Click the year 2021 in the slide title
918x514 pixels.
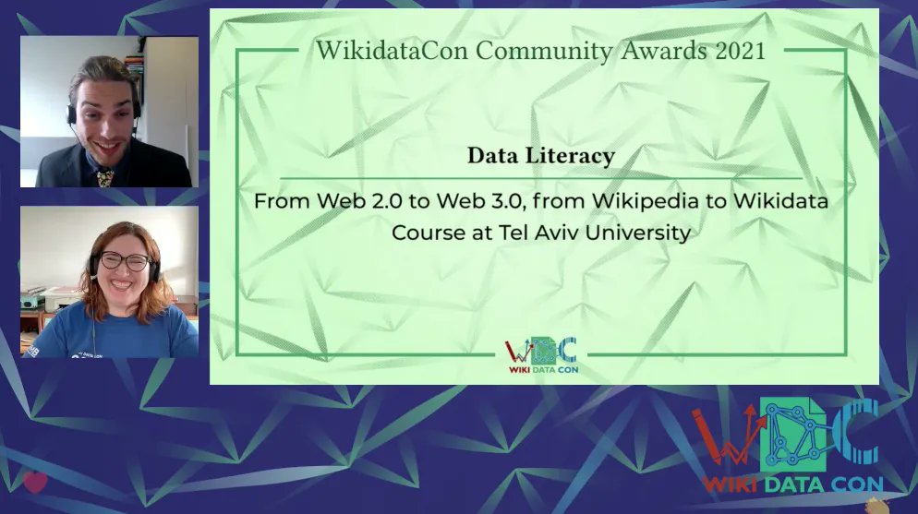[741, 51]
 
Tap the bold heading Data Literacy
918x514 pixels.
[540, 156]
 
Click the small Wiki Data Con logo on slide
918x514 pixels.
[541, 355]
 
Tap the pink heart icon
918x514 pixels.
[35, 482]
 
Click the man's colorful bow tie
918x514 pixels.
[103, 173]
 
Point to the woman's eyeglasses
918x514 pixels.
[124, 261]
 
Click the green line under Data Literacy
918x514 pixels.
[540, 177]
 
